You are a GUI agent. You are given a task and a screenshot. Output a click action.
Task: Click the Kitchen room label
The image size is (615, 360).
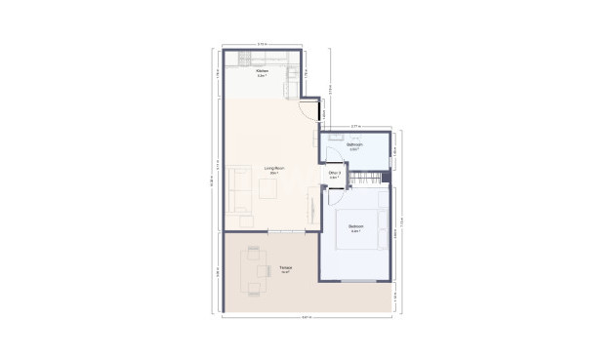tap(262, 72)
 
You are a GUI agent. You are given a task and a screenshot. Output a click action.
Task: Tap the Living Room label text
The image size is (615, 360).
tap(273, 170)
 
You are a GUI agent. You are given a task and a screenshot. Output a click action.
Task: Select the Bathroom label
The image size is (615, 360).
tap(355, 148)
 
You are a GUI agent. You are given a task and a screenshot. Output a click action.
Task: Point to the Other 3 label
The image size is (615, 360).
tap(334, 176)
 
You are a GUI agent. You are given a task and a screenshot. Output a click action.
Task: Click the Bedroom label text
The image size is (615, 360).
tap(355, 230)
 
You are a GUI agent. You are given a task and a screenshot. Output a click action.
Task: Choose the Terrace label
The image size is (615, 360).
tap(286, 269)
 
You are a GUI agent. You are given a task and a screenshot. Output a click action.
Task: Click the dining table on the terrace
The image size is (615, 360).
tap(256, 269)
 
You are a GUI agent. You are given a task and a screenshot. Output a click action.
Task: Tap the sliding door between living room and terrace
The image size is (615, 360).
tap(285, 231)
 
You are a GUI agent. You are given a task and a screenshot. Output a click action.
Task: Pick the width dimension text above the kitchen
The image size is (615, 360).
tap(262, 44)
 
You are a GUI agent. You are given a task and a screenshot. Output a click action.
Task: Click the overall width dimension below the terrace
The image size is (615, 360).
tap(307, 318)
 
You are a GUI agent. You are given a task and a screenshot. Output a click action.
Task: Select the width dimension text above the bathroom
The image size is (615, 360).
tap(355, 126)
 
